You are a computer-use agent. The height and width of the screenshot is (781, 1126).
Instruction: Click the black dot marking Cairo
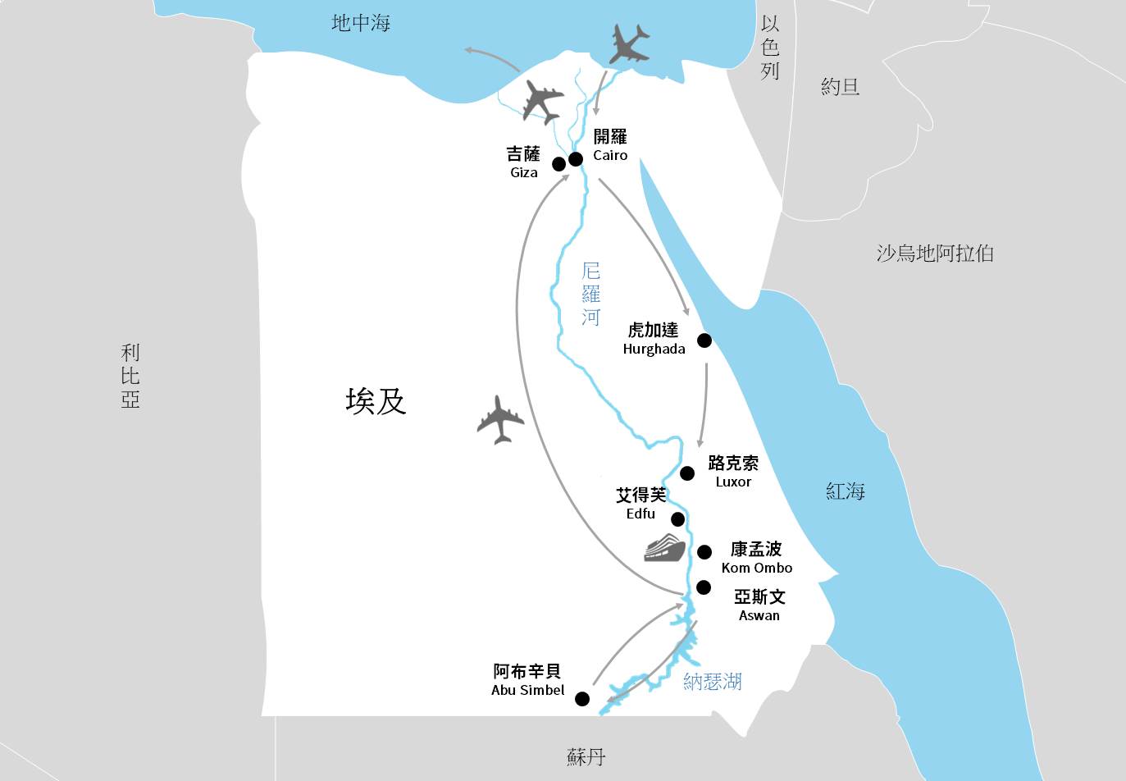click(x=576, y=158)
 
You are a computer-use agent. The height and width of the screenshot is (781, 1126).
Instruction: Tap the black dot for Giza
click(x=558, y=163)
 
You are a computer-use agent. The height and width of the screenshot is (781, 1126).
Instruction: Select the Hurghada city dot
click(x=704, y=340)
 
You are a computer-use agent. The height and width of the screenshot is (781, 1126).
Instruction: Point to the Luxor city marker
click(x=687, y=473)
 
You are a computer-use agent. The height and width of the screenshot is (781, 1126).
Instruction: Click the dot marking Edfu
click(x=677, y=518)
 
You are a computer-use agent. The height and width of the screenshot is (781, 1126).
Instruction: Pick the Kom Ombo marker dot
click(x=704, y=551)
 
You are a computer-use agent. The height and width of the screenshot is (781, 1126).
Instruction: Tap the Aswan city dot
click(x=703, y=587)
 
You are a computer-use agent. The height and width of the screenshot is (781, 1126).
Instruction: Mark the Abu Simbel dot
click(x=581, y=699)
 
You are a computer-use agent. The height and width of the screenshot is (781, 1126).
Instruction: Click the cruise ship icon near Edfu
click(x=664, y=547)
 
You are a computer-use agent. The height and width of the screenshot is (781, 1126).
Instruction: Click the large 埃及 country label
click(x=376, y=401)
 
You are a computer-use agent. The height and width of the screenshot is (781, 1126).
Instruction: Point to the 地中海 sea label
click(x=360, y=23)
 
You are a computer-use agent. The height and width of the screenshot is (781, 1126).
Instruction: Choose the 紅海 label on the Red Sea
click(x=845, y=491)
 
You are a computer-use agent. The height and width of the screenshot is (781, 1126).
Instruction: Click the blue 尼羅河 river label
click(x=590, y=294)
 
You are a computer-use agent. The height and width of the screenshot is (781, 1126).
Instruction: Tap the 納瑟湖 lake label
click(x=712, y=681)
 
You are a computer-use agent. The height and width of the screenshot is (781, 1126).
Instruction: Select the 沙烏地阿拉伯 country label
click(x=934, y=253)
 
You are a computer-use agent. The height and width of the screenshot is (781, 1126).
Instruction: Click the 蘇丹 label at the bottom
click(x=586, y=756)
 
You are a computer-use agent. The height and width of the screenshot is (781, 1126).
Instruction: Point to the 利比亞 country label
click(x=130, y=376)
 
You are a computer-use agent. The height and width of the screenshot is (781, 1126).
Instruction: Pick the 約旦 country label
click(x=840, y=86)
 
